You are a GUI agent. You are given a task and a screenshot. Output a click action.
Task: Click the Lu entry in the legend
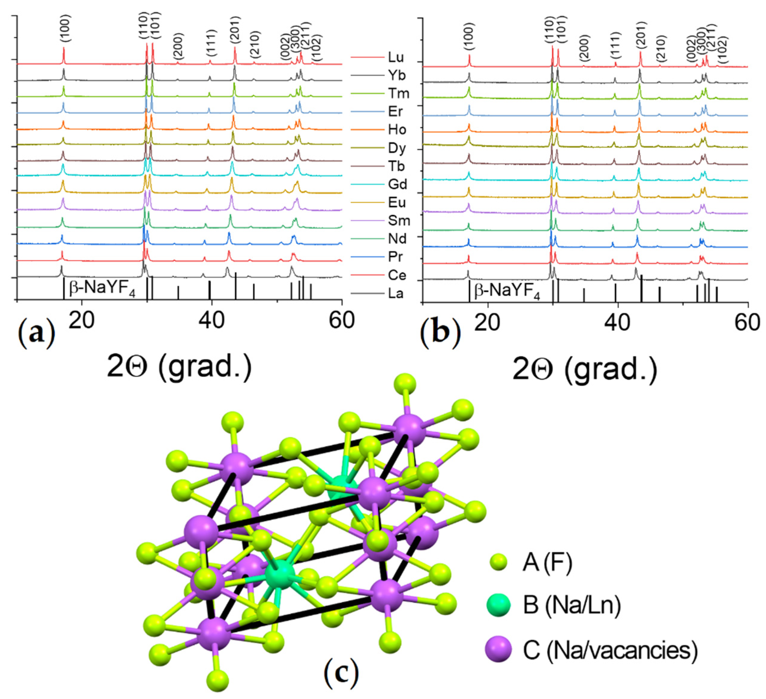[x=395, y=57]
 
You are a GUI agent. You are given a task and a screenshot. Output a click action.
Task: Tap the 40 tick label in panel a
[x=212, y=321]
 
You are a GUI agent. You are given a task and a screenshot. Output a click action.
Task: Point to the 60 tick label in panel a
[x=341, y=321]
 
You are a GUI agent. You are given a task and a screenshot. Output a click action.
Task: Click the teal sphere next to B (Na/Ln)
[x=499, y=605]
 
